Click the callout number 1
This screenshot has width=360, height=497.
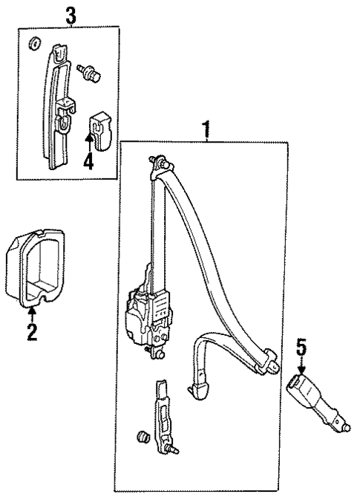click(x=206, y=131)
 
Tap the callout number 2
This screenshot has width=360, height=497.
click(x=32, y=331)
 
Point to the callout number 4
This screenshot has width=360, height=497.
click(x=88, y=160)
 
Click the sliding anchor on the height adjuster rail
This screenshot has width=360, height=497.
click(x=67, y=108)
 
